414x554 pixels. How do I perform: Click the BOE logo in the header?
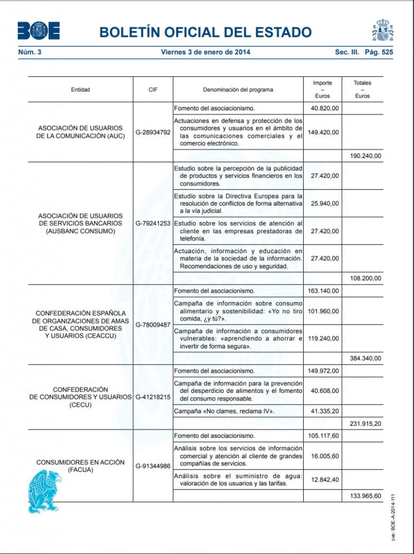(38, 31)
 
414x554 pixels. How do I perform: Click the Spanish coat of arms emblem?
(383, 30)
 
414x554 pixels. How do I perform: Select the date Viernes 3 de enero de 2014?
(205, 52)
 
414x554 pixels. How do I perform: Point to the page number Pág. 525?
(379, 52)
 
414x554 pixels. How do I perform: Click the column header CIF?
(153, 89)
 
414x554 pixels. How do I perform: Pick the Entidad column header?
(81, 89)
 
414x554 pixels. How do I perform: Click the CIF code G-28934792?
(153, 132)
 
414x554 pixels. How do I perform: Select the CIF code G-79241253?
(153, 223)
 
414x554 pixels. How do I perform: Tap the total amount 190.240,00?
(365, 156)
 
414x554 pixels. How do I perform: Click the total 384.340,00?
(365, 358)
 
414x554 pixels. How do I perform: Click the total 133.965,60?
(365, 496)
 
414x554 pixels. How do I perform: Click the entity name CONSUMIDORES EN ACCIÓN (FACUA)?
(81, 466)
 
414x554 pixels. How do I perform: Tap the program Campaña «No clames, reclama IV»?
(224, 412)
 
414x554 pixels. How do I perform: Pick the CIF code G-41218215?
(153, 397)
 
